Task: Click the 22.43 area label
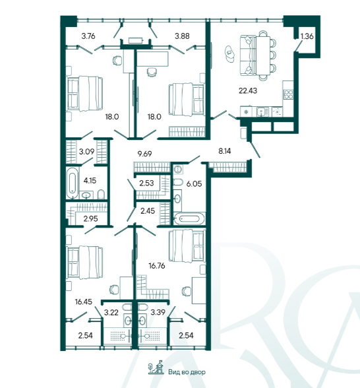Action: (x=248, y=90)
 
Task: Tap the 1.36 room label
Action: (x=307, y=36)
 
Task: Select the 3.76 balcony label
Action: (x=88, y=36)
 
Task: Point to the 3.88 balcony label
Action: (x=182, y=36)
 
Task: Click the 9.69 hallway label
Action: (x=144, y=154)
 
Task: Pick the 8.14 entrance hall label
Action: (x=224, y=150)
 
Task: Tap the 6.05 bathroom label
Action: (x=194, y=183)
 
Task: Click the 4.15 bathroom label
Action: (x=90, y=180)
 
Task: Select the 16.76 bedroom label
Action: (x=157, y=266)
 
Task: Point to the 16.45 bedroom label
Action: (x=84, y=302)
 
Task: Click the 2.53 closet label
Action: (x=146, y=183)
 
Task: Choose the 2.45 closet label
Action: (x=148, y=211)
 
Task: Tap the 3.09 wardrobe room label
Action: (x=86, y=151)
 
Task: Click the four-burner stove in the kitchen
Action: (x=288, y=94)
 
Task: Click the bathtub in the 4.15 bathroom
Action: (x=72, y=183)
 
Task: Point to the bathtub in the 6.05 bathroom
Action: (x=189, y=219)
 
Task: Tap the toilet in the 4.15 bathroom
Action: (x=101, y=194)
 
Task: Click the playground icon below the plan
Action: (x=156, y=367)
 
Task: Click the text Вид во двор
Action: (x=187, y=372)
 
